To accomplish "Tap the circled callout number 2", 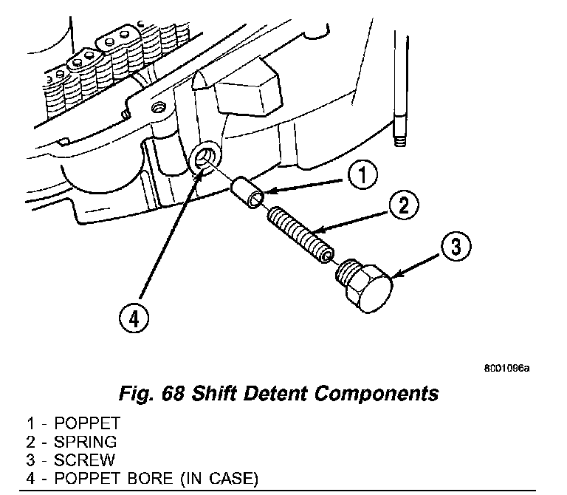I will (x=402, y=206).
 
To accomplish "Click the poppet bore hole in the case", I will (x=204, y=158).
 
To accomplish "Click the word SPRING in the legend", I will (x=85, y=443).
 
